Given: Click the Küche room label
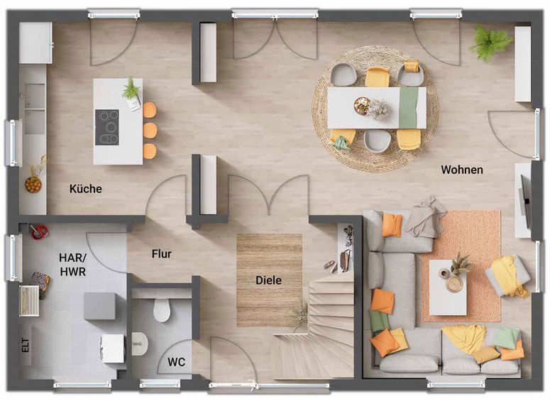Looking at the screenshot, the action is [x=86, y=189].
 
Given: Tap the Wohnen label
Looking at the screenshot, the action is [x=462, y=170].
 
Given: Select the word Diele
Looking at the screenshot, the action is [x=268, y=280].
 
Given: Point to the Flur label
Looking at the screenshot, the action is [x=161, y=253].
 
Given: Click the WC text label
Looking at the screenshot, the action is [x=176, y=362].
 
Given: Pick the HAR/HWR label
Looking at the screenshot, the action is [x=72, y=265].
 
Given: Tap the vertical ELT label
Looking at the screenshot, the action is [x=26, y=345].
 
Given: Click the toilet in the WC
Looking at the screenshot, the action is [x=162, y=309].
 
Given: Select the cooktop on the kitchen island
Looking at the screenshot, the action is [x=107, y=127].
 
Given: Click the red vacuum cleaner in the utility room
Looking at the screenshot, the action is [x=38, y=232].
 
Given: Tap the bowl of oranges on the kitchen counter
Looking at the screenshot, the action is [x=33, y=185].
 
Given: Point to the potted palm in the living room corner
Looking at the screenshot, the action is [x=490, y=42].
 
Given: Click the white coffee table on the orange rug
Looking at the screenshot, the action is [x=448, y=287].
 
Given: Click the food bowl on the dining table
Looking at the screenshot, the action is [x=362, y=105].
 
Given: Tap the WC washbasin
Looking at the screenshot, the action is [x=140, y=344].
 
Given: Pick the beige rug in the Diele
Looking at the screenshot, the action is [x=270, y=280].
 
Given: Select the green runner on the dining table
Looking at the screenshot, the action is [x=409, y=108].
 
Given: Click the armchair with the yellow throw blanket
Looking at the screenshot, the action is [x=507, y=275].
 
